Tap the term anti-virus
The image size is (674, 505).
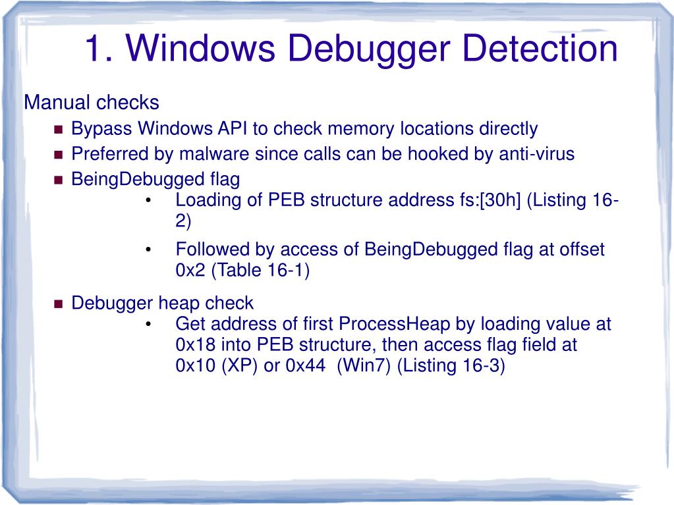[x=536, y=154]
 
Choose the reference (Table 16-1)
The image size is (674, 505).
[x=260, y=271]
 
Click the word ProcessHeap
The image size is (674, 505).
[x=393, y=324]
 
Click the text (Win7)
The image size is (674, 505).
[x=364, y=366]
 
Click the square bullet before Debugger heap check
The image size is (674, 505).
[x=58, y=304]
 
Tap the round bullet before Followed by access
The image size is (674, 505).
[x=150, y=250]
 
